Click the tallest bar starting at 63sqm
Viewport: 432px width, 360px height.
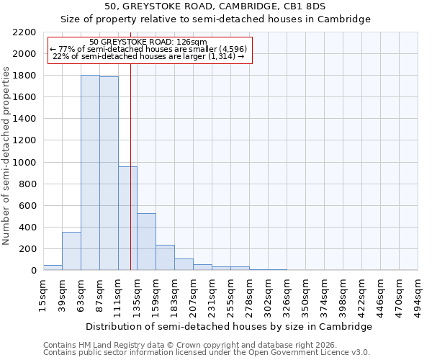click(90, 173)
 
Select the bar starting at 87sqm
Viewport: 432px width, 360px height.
click(109, 174)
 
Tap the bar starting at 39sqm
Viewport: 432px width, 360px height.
click(71, 251)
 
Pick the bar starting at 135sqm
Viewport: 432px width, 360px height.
click(146, 242)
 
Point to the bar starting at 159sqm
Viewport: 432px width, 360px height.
click(165, 258)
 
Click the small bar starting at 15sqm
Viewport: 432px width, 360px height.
click(53, 268)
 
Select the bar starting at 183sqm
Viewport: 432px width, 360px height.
click(184, 264)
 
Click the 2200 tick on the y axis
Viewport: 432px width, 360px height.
click(25, 32)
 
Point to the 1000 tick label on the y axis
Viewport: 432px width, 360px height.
click(25, 163)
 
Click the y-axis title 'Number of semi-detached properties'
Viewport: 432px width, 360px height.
click(6, 156)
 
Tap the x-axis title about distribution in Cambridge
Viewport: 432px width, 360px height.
click(230, 326)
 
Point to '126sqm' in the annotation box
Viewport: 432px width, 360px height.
click(193, 42)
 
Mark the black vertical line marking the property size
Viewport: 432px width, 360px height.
click(130, 180)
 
